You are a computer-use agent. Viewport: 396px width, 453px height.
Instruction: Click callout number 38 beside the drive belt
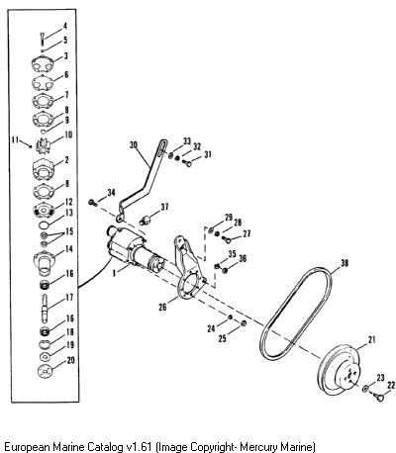pos(345,263)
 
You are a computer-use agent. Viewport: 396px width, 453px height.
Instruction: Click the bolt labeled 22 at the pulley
pos(380,397)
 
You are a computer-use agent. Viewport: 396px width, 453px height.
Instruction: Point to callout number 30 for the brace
pos(134,145)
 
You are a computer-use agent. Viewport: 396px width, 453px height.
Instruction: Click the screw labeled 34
pos(93,203)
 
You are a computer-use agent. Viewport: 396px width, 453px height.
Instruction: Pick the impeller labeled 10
pos(43,145)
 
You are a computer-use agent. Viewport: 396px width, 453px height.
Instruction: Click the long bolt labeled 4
pos(43,39)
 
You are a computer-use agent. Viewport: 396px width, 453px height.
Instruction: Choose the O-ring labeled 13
pos(44,226)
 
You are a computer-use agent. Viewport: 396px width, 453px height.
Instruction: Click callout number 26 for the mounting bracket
pos(162,308)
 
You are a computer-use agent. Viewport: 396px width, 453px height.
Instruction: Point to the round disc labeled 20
pos(45,371)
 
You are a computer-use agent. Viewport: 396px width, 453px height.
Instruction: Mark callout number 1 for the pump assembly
pos(114,273)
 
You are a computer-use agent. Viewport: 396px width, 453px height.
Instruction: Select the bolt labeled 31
pos(187,162)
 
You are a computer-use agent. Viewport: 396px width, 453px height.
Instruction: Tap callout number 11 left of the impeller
pos(15,139)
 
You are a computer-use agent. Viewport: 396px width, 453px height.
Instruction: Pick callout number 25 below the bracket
pos(222,338)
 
